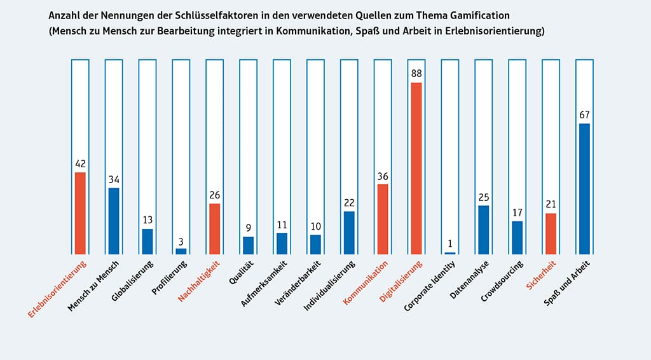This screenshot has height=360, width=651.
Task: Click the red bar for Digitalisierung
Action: click(416, 168)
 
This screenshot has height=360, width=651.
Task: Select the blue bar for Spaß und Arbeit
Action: click(584, 188)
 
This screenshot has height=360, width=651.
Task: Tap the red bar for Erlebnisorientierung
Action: click(80, 213)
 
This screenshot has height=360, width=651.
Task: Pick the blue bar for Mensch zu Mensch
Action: click(114, 221)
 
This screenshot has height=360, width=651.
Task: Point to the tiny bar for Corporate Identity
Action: click(450, 253)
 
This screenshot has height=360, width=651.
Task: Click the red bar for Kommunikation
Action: click(383, 219)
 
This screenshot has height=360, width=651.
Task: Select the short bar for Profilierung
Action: click(181, 251)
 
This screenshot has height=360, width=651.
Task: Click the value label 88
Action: click(416, 74)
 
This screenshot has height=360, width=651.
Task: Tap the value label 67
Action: click(584, 115)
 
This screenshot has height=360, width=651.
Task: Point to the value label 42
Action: click(80, 163)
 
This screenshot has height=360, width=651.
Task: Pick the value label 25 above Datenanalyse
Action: click(483, 197)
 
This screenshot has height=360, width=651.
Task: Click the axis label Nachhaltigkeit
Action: click(199, 281)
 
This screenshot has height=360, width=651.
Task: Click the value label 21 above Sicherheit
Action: click(551, 205)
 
